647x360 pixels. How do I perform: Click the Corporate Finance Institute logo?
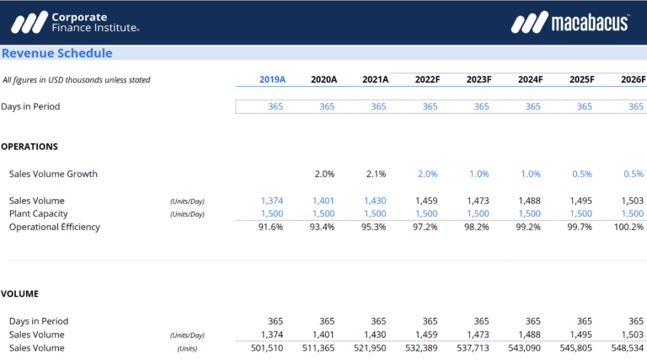(81, 22)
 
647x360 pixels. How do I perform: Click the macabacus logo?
(569, 23)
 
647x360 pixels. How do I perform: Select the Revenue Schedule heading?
(56, 53)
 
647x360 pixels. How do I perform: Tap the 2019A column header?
(272, 79)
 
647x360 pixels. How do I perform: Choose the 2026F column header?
(632, 79)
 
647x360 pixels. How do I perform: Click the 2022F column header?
(426, 79)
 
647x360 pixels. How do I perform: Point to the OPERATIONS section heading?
(29, 146)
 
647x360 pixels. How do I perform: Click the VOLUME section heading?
(19, 293)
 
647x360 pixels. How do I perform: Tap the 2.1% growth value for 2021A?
(376, 174)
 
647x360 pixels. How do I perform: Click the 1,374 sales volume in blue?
(272, 201)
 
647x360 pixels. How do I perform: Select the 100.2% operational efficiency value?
(629, 227)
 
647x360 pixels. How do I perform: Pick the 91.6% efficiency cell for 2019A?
(272, 227)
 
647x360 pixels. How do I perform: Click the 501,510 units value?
(268, 347)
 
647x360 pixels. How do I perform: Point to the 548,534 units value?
(628, 347)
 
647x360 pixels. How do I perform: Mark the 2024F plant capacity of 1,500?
(530, 214)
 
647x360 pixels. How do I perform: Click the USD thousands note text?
(77, 80)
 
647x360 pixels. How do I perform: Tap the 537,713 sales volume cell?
(473, 347)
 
